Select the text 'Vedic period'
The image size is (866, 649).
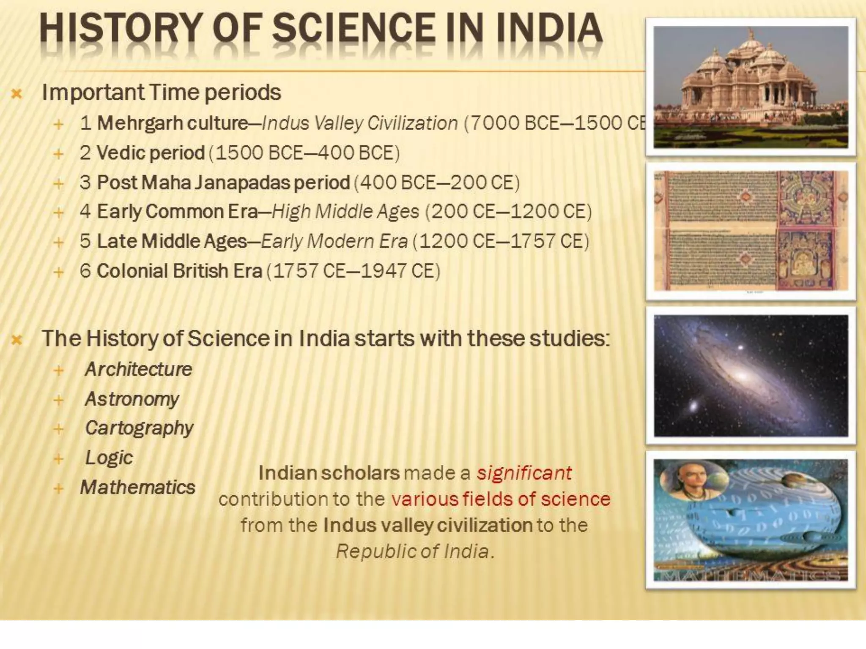(151, 153)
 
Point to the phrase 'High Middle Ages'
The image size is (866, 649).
(345, 212)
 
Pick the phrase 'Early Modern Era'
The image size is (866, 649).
(334, 241)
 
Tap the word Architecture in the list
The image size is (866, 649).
(139, 369)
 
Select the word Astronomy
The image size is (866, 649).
(132, 399)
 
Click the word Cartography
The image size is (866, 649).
(139, 428)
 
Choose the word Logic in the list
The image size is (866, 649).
(109, 458)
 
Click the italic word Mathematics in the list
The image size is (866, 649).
(138, 487)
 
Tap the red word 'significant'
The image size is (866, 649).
(524, 473)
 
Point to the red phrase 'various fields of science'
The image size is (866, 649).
(501, 499)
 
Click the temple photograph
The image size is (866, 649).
(751, 87)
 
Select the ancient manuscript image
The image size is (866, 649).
(751, 231)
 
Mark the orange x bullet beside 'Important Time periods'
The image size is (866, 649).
(16, 93)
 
